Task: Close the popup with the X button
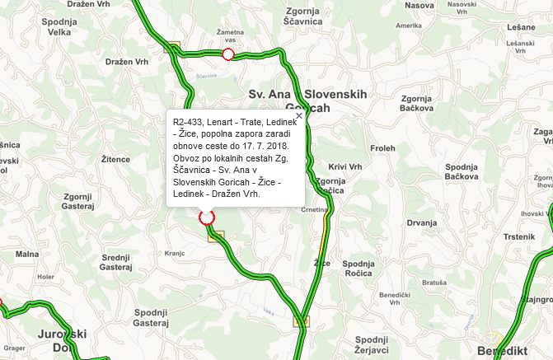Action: pyautogui.click(x=299, y=115)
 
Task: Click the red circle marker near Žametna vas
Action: pyautogui.click(x=228, y=54)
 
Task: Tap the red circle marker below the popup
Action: pyautogui.click(x=207, y=217)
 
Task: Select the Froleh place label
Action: pyautogui.click(x=383, y=149)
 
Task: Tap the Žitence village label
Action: pyautogui.click(x=115, y=159)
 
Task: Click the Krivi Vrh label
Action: pyautogui.click(x=345, y=166)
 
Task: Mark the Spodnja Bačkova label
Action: pyautogui.click(x=462, y=171)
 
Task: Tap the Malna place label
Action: pyautogui.click(x=26, y=255)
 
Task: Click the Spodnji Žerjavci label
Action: pyautogui.click(x=371, y=344)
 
